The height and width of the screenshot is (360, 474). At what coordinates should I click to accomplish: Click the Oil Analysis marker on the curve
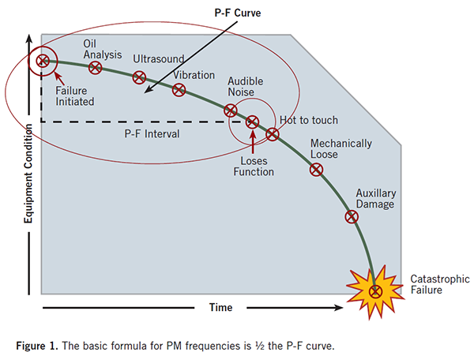(x=96, y=68)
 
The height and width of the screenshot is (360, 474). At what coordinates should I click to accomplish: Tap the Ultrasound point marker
(x=139, y=77)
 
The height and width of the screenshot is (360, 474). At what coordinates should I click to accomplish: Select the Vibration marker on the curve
(x=179, y=89)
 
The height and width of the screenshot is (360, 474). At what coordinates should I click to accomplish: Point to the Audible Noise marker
(x=230, y=111)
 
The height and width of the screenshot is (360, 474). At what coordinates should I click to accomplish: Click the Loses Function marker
(x=252, y=122)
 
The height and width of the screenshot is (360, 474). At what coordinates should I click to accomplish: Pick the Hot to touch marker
(x=272, y=134)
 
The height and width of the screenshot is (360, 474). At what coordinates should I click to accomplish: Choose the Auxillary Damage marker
(x=351, y=216)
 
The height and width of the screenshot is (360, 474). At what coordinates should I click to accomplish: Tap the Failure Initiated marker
(x=43, y=59)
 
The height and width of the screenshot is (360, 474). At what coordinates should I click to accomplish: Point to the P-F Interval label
(x=152, y=134)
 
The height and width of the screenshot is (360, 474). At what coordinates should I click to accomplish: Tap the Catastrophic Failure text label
(x=439, y=284)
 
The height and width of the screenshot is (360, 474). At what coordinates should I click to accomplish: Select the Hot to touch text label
(x=309, y=120)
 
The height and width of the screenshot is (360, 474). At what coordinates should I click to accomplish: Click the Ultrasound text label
(x=158, y=60)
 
